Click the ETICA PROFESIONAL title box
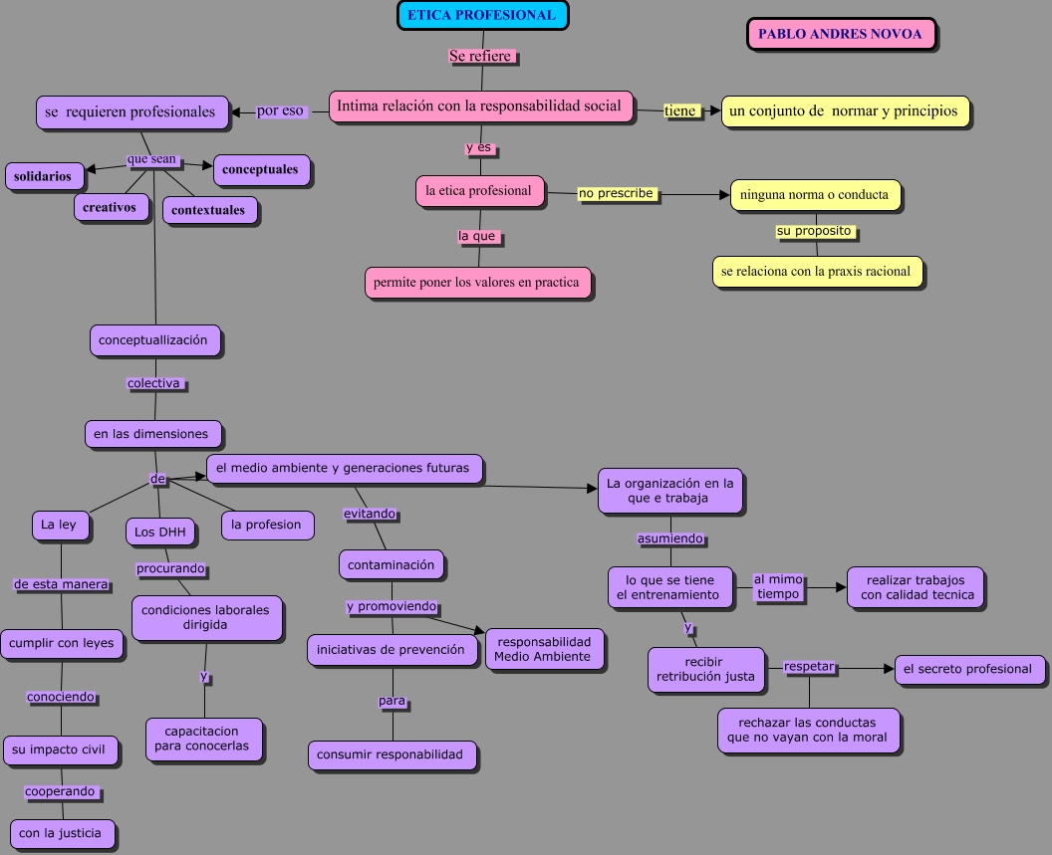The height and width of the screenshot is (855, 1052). pos(482,15)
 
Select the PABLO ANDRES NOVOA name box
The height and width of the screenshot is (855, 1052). pos(841,34)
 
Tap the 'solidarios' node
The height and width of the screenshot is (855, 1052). pos(43,176)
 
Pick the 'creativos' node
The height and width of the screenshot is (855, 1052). pos(110,207)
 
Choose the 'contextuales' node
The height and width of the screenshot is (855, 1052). pos(208,210)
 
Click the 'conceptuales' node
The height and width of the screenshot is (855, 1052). pos(260,169)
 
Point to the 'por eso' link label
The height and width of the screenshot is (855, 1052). pos(280,111)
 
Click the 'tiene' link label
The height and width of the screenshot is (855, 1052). pos(680,110)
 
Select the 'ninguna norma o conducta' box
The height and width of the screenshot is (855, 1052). pos(814,195)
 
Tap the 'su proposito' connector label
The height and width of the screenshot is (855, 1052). pos(814,231)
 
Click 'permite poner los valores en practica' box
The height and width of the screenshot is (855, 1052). pos(476,283)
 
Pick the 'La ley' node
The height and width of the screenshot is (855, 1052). pos(59,525)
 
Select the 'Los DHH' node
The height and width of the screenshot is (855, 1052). pos(159,533)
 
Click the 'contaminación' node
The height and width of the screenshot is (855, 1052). pos(391,564)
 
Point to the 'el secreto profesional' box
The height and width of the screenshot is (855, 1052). pos(967,669)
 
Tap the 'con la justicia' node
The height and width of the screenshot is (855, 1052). pos(61,833)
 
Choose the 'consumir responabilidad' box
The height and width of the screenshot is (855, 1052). pos(390,754)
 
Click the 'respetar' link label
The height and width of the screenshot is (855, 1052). pos(809,666)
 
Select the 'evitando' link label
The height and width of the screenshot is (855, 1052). pos(370,514)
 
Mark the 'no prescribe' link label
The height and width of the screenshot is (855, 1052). pos(616,193)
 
